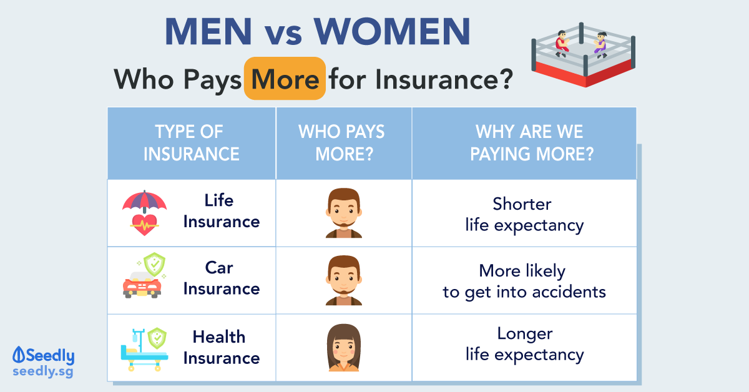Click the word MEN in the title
[208, 31]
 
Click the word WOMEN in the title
[392, 31]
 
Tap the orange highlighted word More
[285, 79]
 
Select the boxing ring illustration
[583, 54]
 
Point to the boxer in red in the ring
[562, 44]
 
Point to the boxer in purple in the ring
[600, 45]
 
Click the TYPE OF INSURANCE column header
[191, 143]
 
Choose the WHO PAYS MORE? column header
[342, 143]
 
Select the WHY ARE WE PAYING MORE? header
[532, 143]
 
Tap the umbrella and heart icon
[144, 213]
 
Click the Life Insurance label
[222, 211]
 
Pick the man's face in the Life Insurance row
[344, 213]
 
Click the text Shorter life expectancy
[524, 214]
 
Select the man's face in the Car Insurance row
[344, 280]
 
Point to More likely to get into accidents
[524, 282]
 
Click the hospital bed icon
[144, 350]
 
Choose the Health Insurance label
[222, 348]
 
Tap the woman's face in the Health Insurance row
[344, 348]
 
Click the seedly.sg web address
[43, 372]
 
